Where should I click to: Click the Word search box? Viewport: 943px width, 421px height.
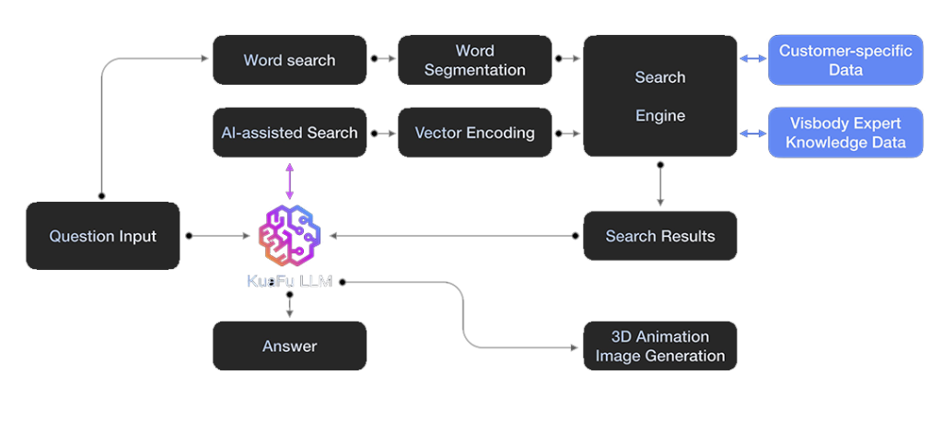[289, 60]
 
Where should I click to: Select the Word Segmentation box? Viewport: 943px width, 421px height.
[474, 60]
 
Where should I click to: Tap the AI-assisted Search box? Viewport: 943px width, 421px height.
[289, 133]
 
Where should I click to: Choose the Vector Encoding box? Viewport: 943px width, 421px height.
[474, 133]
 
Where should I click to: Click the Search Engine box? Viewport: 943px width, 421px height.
[659, 96]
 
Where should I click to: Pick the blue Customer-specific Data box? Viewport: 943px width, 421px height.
[845, 60]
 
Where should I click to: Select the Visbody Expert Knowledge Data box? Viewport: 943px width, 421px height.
[845, 133]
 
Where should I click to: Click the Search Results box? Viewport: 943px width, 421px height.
[659, 236]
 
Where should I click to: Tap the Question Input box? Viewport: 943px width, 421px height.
[102, 236]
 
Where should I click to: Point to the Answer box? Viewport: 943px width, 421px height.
[289, 346]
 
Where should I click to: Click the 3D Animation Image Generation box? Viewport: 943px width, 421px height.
[659, 346]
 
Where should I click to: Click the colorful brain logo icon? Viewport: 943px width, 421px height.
[289, 236]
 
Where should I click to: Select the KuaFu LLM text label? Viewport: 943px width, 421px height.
[289, 282]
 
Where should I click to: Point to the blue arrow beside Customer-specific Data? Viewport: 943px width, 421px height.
[753, 60]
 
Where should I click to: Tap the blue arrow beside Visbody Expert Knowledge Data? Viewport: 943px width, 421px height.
[753, 134]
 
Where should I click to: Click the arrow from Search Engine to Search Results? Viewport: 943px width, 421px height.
[659, 184]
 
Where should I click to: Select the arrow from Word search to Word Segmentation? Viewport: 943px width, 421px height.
[382, 60]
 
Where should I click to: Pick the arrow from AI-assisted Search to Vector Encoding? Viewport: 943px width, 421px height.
[382, 134]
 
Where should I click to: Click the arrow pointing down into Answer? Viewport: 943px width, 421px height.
[289, 307]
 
